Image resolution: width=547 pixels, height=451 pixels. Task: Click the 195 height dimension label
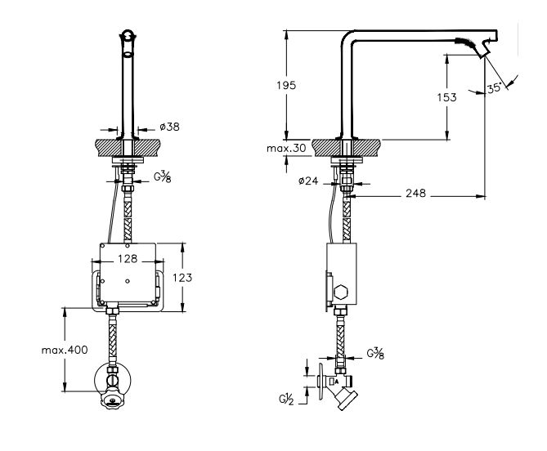(286, 85)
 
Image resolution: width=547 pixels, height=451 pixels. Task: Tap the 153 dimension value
(446, 97)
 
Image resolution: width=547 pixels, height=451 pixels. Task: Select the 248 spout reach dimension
(415, 193)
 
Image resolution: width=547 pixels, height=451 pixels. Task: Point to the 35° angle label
(495, 87)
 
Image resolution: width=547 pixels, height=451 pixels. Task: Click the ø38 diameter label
(169, 127)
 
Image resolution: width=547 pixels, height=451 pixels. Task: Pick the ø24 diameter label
(308, 181)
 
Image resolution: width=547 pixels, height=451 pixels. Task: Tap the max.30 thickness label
(286, 148)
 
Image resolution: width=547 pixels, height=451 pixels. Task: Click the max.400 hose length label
(65, 350)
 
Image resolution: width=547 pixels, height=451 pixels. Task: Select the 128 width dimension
(128, 259)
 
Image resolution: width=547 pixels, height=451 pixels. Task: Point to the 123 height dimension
(182, 278)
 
